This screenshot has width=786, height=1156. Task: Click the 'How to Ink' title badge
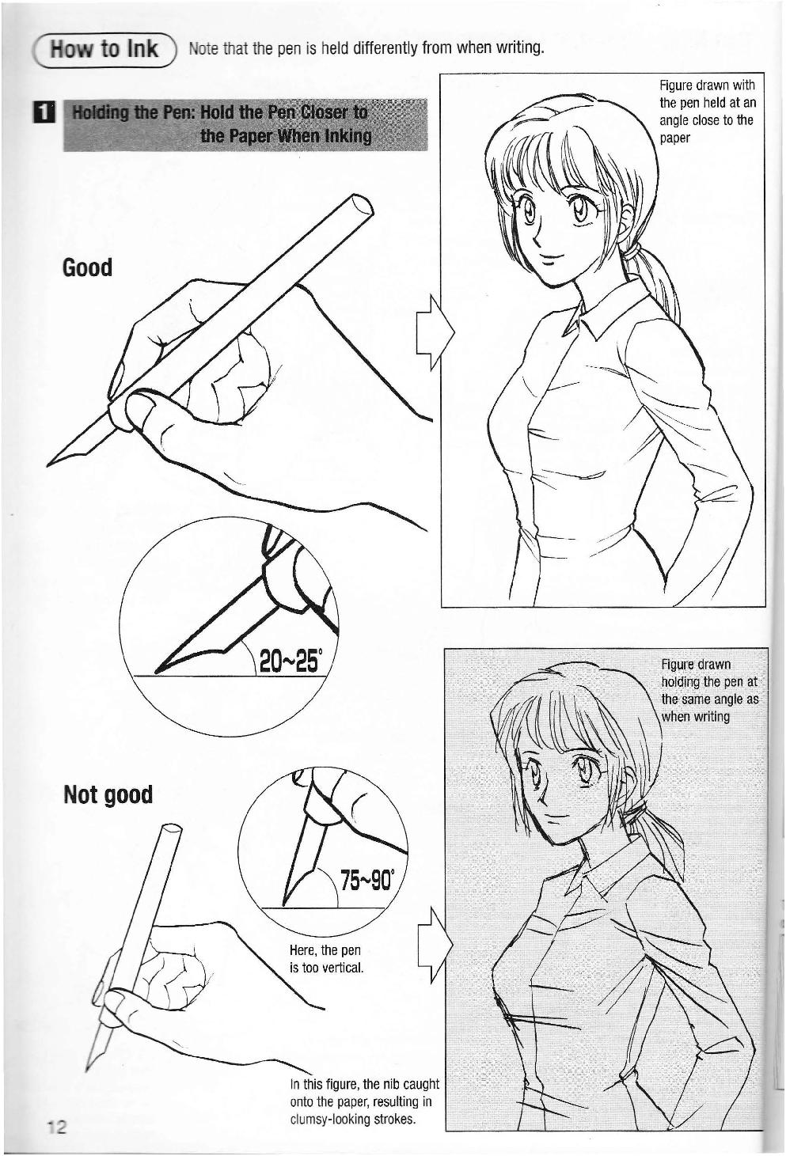click(104, 49)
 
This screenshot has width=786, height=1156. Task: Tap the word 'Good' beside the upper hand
click(87, 267)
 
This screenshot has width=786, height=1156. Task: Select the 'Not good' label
click(108, 794)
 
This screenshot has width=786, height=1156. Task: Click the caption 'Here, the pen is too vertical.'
click(326, 958)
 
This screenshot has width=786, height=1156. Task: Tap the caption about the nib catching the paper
click(364, 1101)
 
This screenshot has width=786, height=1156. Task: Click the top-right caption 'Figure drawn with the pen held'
click(708, 111)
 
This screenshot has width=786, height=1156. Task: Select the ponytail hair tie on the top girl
click(631, 252)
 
